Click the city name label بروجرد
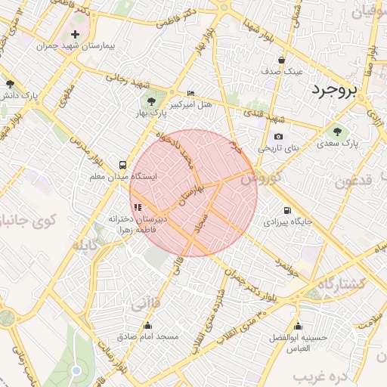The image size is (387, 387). tap(332, 90)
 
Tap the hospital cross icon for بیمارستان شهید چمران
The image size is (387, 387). tap(75, 34)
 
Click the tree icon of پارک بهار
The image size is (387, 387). tap(150, 101)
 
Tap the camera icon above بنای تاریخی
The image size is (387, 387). tap(279, 137)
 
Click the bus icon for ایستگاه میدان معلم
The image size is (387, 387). tap(122, 164)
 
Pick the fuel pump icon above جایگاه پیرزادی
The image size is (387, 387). tap(286, 211)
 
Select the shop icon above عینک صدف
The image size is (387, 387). tap(281, 60)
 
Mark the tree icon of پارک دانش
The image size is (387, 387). tap(10, 84)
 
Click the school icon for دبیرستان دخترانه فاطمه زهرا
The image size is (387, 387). tap(137, 206)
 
